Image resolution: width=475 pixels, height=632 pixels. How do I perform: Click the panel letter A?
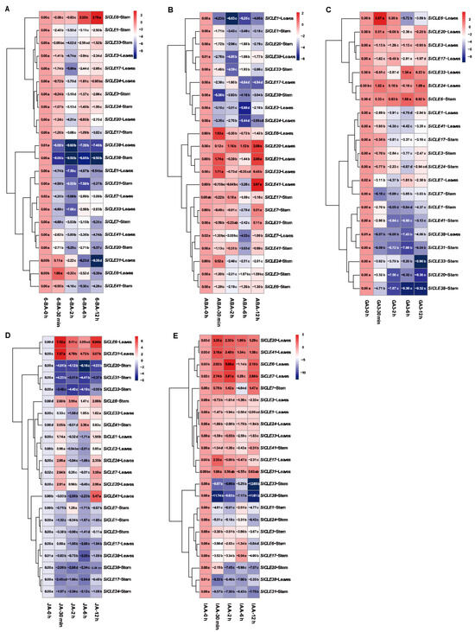pos(5,6)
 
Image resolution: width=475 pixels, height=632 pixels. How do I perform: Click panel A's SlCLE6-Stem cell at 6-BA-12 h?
pos(121,16)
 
